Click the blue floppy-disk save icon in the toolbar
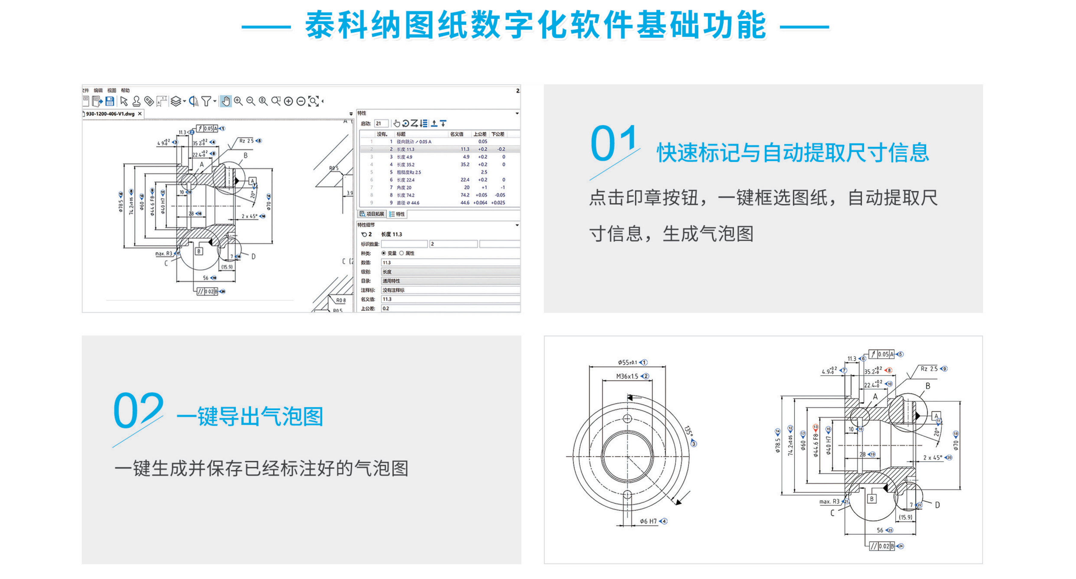[109, 101]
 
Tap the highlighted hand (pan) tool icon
[226, 101]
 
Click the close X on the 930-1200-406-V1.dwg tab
[140, 114]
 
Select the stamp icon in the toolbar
[136, 101]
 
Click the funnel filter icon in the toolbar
[206, 101]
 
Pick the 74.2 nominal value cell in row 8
[465, 195]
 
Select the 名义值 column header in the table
[456, 134]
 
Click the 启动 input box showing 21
[381, 124]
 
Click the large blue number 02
[138, 410]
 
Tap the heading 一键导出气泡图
[250, 417]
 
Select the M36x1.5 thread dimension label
[627, 376]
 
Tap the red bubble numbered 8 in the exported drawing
[889, 371]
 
